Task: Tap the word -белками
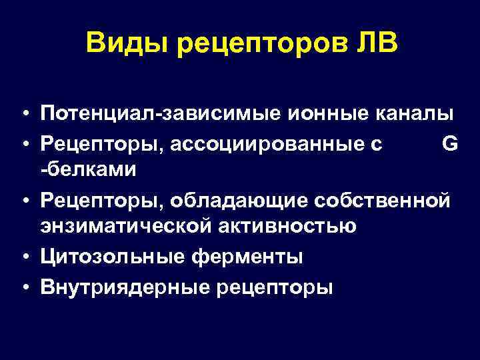(x=88, y=171)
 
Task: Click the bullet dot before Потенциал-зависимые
(x=23, y=115)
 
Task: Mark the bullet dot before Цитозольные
(x=23, y=257)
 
